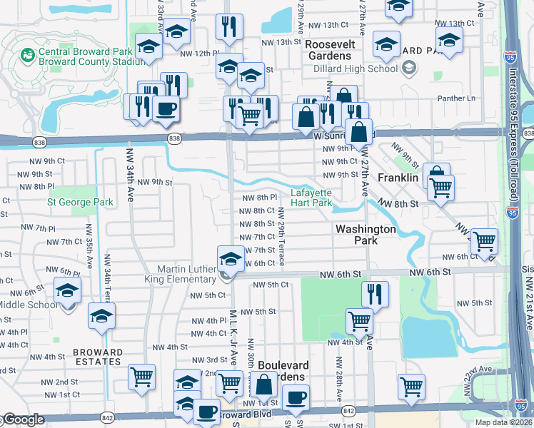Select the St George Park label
pos(81,202)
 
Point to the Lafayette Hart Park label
pos(312,198)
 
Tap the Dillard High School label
pos(356,69)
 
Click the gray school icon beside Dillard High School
pos(409,68)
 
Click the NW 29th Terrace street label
pos(281,236)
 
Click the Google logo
pos(24,420)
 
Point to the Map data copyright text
pos(504,422)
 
